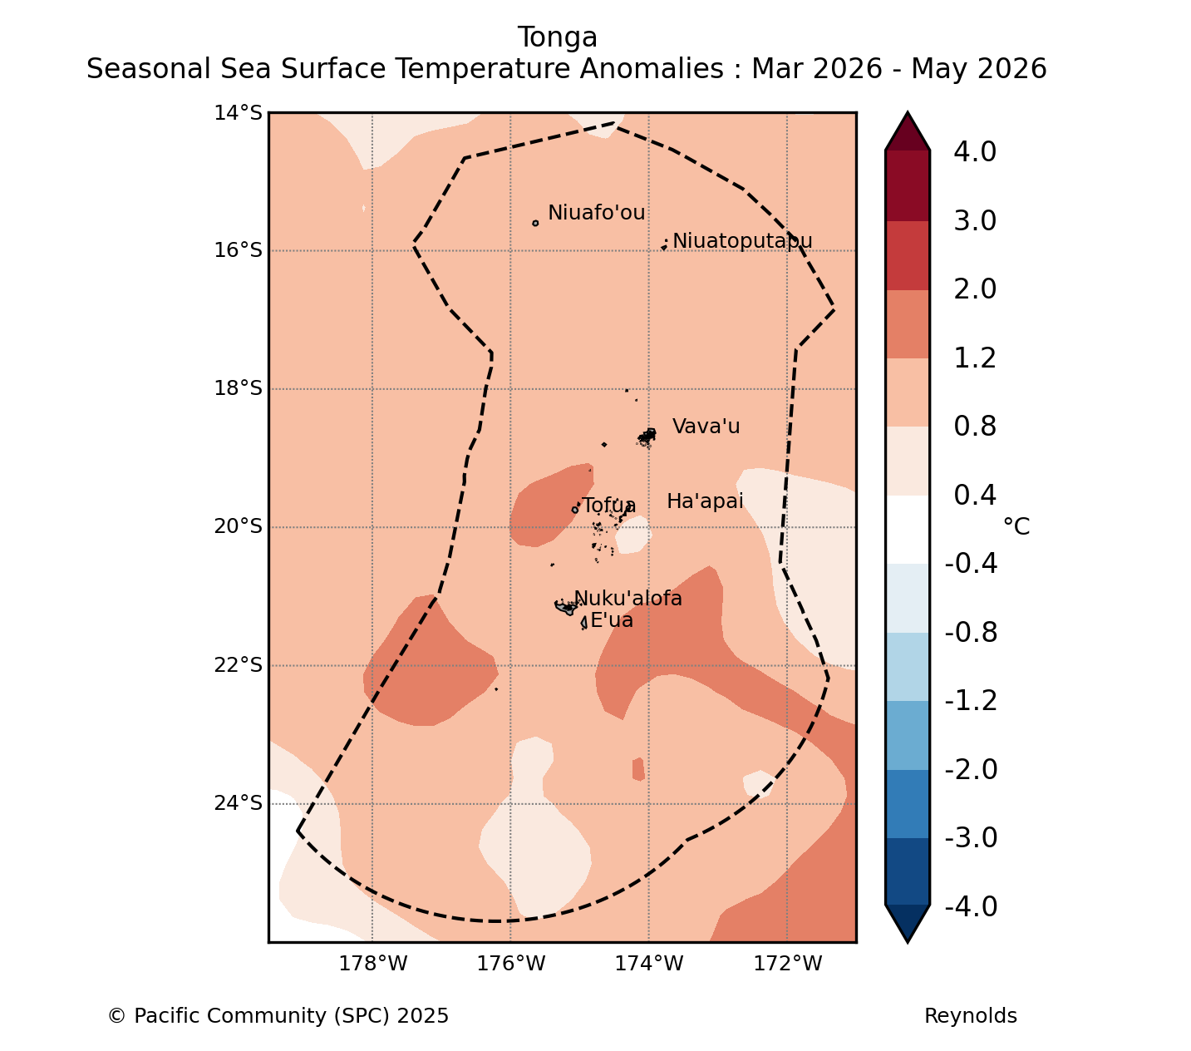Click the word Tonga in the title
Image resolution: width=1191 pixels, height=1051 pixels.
coord(557,37)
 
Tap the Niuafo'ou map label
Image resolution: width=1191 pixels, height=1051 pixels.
coord(596,212)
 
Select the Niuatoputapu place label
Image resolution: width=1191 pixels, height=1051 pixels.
coord(742,241)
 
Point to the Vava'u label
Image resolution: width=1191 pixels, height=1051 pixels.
coord(706,427)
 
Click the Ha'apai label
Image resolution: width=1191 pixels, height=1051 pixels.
coord(705,501)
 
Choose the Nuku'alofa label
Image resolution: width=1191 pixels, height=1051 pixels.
coord(627,598)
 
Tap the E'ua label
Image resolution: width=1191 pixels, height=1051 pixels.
coord(612,620)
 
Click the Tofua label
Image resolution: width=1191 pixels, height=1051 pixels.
coord(608,506)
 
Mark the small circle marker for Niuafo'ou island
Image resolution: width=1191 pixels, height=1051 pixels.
coord(535,224)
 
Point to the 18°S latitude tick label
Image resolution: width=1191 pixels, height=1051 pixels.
coord(238,388)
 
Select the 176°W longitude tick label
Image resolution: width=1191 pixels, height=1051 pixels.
coord(510,964)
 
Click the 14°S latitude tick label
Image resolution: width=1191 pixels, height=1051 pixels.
coord(238,112)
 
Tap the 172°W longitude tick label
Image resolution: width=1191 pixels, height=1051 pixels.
coord(787,964)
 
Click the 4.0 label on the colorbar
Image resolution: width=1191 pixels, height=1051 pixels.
coord(975,151)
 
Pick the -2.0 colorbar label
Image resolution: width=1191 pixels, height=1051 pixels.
coord(971,769)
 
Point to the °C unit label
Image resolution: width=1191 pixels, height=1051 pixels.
coord(1016,526)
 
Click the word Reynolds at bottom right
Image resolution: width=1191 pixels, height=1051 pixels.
coord(970,1016)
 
